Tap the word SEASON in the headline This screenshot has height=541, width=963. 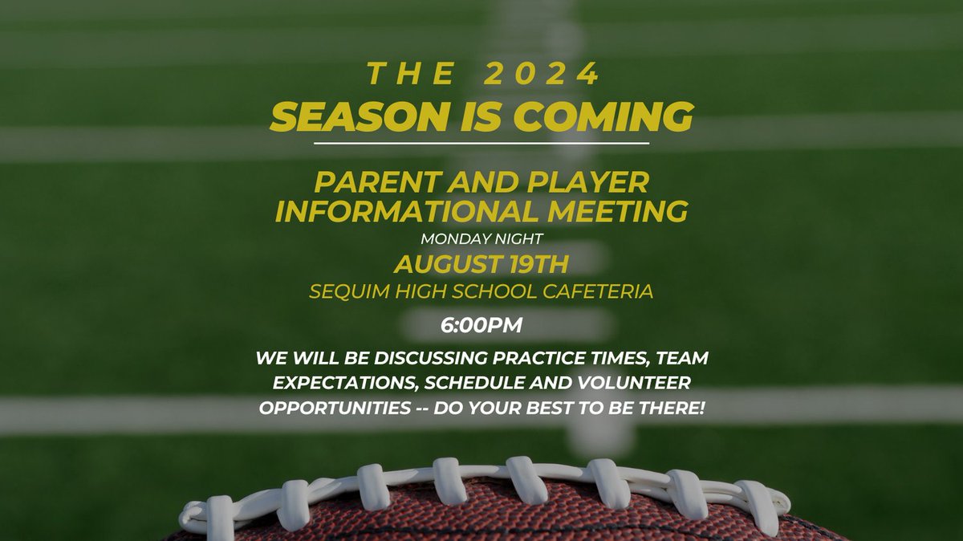point(348,117)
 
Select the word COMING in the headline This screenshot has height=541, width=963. point(616,117)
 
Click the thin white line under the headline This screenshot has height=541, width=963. point(481,143)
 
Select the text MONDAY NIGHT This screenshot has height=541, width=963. point(481,238)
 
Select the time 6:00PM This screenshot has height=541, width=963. point(481,326)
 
